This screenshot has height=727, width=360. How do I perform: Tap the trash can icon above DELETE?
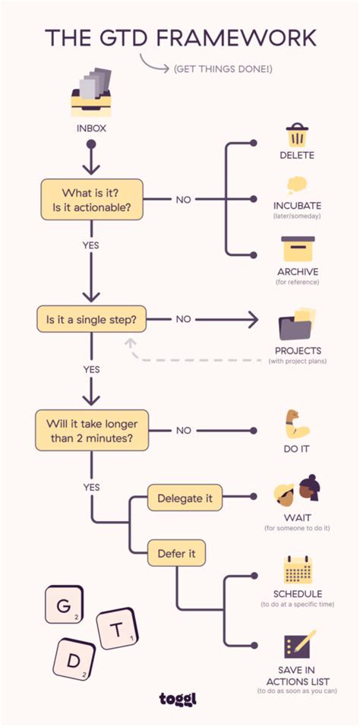click(x=296, y=135)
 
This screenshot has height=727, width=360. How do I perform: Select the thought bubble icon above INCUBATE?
click(x=296, y=186)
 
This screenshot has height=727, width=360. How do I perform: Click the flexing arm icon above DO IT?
click(x=296, y=424)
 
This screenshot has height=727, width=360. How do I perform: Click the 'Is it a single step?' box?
click(x=90, y=319)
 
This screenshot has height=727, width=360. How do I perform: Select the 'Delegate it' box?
click(x=184, y=498)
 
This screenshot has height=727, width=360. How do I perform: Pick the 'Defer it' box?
click(x=176, y=554)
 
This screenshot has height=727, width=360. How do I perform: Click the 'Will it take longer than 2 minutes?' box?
click(x=90, y=430)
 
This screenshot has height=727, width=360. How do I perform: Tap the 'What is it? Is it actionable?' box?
click(x=90, y=199)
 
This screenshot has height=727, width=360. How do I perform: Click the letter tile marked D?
click(x=74, y=659)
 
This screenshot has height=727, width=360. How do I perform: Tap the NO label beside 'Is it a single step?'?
click(x=183, y=319)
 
